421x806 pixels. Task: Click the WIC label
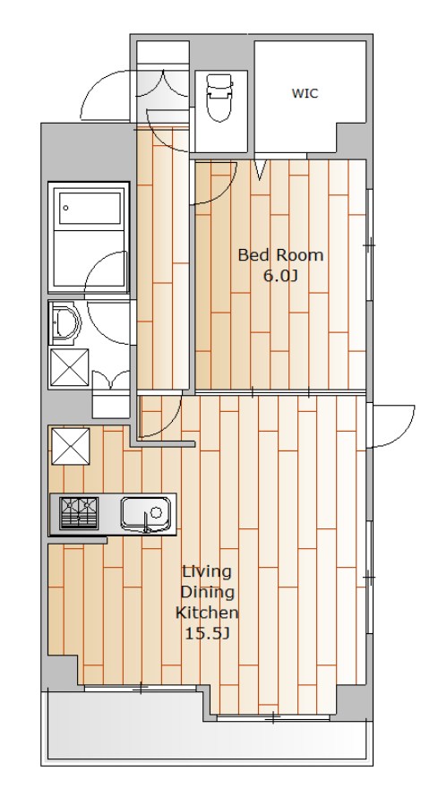click(305, 93)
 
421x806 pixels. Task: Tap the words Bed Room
click(280, 255)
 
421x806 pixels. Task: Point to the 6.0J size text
click(280, 276)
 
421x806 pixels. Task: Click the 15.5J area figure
click(207, 634)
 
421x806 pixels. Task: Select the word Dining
click(207, 593)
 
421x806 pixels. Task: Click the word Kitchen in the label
click(207, 613)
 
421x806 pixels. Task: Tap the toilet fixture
click(219, 97)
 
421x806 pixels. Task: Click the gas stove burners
click(79, 512)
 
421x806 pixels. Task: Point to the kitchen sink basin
click(146, 512)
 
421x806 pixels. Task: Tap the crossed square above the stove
click(71, 446)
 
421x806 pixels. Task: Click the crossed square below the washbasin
click(69, 367)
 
